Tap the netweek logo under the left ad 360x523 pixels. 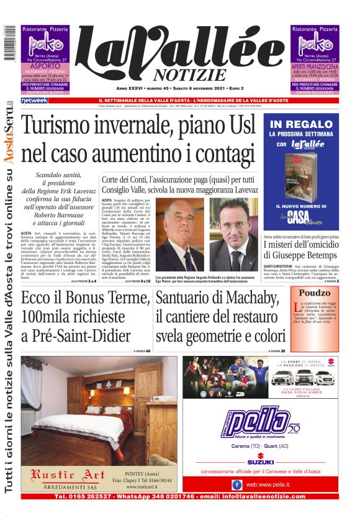(34, 100)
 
